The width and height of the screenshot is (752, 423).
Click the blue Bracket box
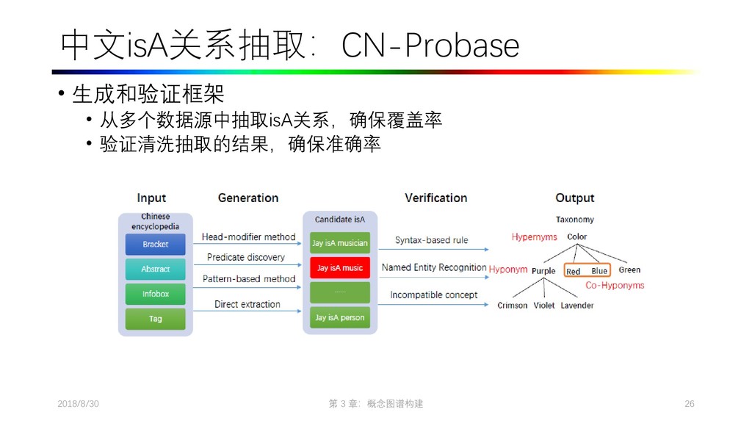155,244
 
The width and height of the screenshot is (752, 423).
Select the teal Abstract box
155,269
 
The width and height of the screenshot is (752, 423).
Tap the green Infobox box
155,294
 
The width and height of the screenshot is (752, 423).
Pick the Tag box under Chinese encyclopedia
155,319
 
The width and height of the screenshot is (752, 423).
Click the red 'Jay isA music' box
339,268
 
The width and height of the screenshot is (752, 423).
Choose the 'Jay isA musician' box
339,243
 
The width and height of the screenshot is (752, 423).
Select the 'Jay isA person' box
339,317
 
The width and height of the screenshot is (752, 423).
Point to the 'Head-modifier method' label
248,237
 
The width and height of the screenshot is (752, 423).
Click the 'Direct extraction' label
247,304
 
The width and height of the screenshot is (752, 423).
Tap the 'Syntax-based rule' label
431,240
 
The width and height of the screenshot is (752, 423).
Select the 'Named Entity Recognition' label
434,267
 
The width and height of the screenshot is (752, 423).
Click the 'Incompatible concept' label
433,295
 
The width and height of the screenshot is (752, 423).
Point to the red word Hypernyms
534,237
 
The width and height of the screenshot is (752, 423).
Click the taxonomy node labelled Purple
543,271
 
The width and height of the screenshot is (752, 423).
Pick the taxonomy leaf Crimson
512,305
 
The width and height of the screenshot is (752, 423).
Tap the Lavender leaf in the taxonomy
576,305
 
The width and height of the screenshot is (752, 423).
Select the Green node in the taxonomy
629,270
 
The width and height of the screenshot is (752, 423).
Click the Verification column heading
435,198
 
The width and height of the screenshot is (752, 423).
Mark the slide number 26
689,404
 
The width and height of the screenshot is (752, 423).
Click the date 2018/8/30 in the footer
78,404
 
